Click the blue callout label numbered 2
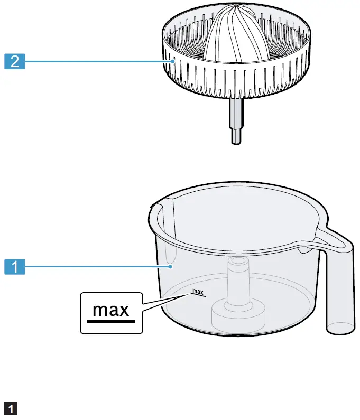click(15, 62)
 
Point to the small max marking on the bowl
click(197, 292)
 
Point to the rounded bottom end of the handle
click(338, 329)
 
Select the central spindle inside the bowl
click(236, 285)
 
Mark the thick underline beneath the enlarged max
click(111, 320)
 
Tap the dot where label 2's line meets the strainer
click(172, 62)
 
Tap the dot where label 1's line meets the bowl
click(171, 267)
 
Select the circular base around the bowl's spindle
click(236, 317)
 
